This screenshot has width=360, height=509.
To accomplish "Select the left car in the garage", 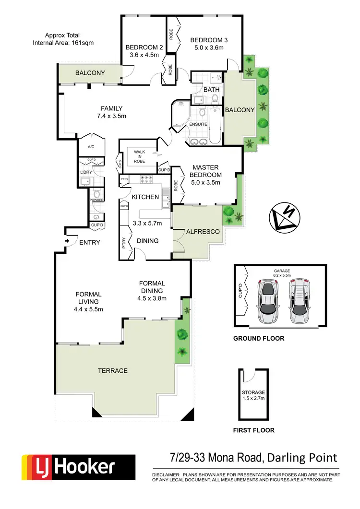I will click(268, 301).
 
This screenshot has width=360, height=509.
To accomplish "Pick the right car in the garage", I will click(299, 301).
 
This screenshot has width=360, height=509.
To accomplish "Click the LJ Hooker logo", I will click(77, 468).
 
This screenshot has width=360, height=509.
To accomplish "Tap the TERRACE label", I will click(113, 370).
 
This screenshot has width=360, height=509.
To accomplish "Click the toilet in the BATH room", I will click(215, 98).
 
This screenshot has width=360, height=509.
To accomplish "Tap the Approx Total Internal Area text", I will click(63, 39).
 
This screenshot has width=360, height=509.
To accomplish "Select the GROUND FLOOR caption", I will click(258, 338).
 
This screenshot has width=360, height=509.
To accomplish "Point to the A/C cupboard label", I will click(91, 147).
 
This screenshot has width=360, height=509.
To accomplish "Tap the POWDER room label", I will click(96, 200).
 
